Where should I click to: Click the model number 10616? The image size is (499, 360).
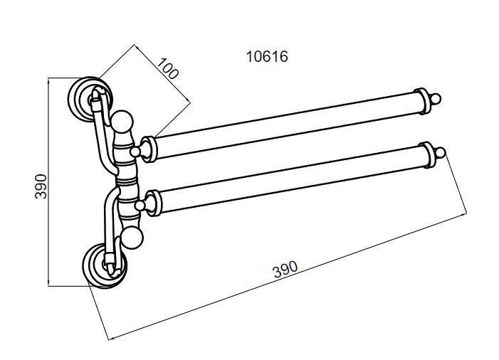[x=267, y=57]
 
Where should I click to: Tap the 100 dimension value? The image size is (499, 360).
[x=167, y=68]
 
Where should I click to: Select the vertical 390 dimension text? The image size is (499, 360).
[x=41, y=186]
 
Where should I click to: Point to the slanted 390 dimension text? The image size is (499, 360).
[x=285, y=269]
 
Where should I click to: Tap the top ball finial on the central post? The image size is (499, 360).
[x=122, y=121]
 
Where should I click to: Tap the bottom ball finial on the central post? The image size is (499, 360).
[x=132, y=238]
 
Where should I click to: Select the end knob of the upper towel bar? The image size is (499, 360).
[x=436, y=99]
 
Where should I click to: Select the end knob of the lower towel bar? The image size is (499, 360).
[x=440, y=153]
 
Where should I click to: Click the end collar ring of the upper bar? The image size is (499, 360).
[x=423, y=101]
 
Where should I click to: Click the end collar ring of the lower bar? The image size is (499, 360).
[x=427, y=155]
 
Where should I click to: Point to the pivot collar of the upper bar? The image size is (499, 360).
[x=149, y=149]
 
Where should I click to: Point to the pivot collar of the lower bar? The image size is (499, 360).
[x=154, y=203]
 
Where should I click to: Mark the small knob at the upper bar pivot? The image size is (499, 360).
[x=135, y=152]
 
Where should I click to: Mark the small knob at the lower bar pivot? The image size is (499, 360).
[x=140, y=206]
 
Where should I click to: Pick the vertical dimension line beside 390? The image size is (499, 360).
[x=48, y=182]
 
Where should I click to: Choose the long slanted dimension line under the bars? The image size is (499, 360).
[x=288, y=277]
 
